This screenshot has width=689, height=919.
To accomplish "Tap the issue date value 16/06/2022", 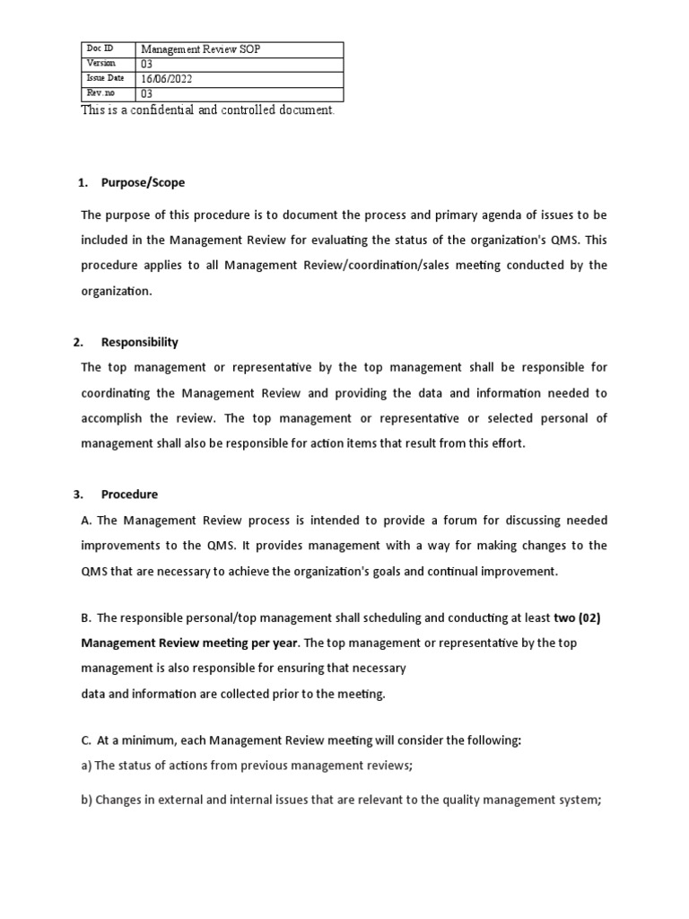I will (167, 79).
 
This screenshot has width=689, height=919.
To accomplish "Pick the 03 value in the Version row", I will (147, 64).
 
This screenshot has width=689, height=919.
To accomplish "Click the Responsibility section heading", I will (139, 342).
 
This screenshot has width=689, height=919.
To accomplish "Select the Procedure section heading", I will (129, 494).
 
